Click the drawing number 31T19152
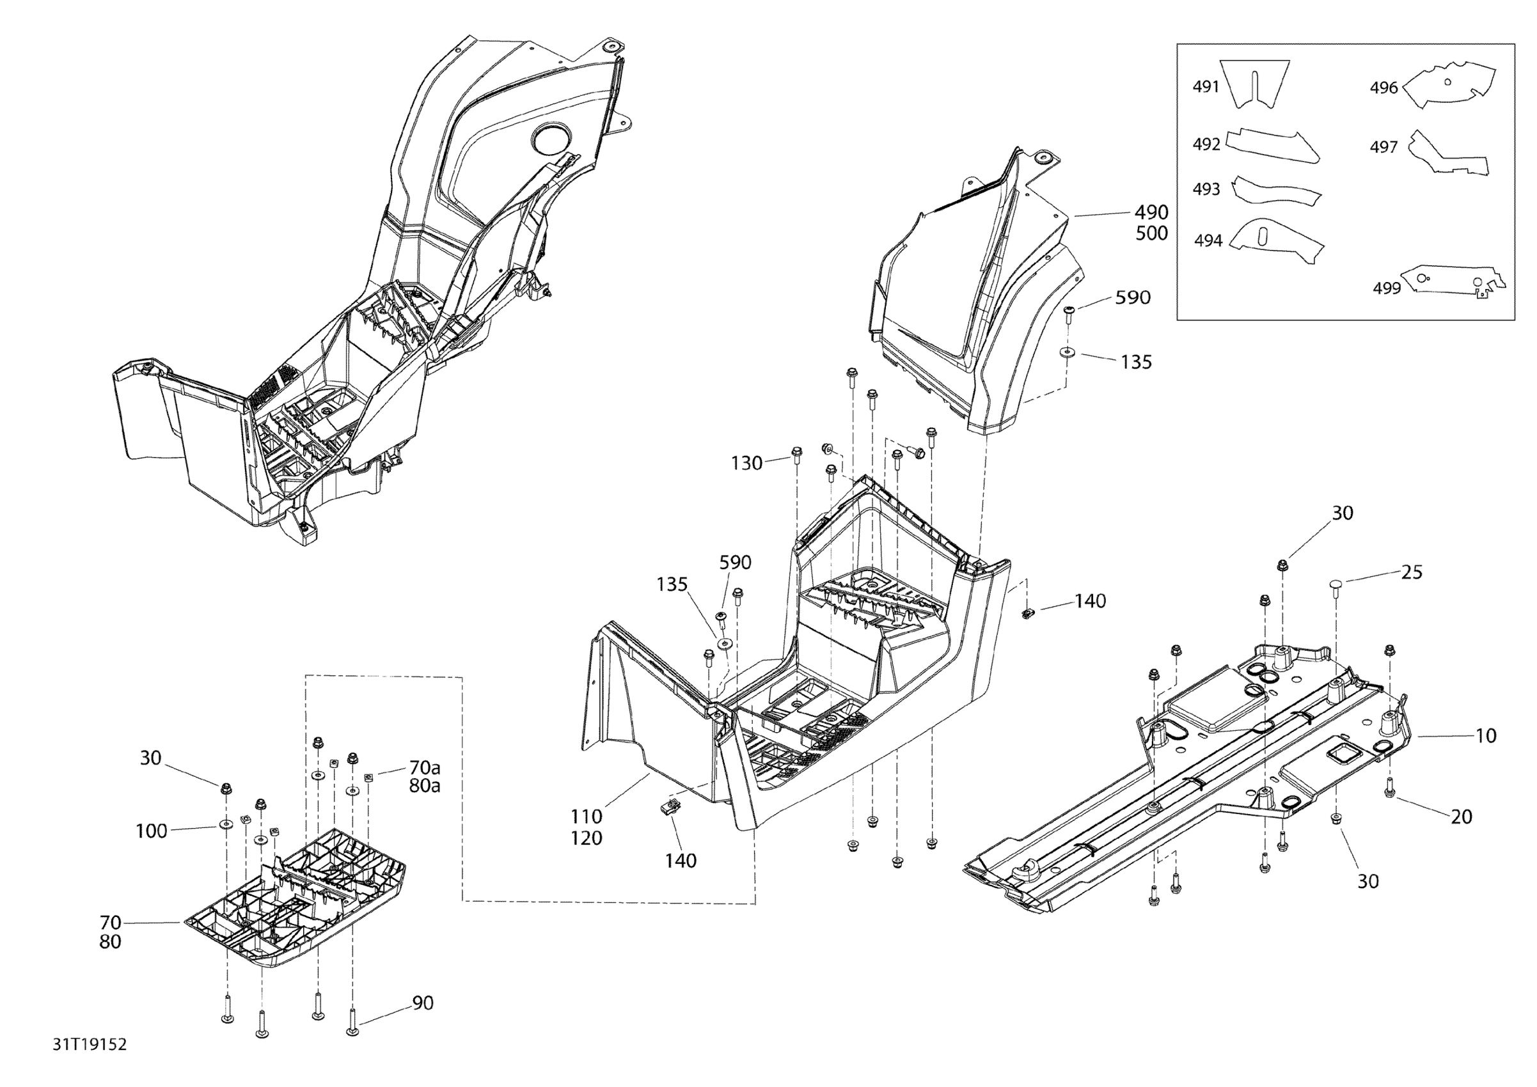coord(90,1045)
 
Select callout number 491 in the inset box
coord(1206,86)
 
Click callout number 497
coord(1383,146)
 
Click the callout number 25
coord(1412,572)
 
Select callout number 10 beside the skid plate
coord(1485,735)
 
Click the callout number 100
coord(152,831)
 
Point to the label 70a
coord(425,767)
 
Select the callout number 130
coord(746,462)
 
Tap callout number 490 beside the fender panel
coord(1151,212)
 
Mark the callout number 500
coord(1151,233)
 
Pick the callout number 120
coord(587,838)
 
